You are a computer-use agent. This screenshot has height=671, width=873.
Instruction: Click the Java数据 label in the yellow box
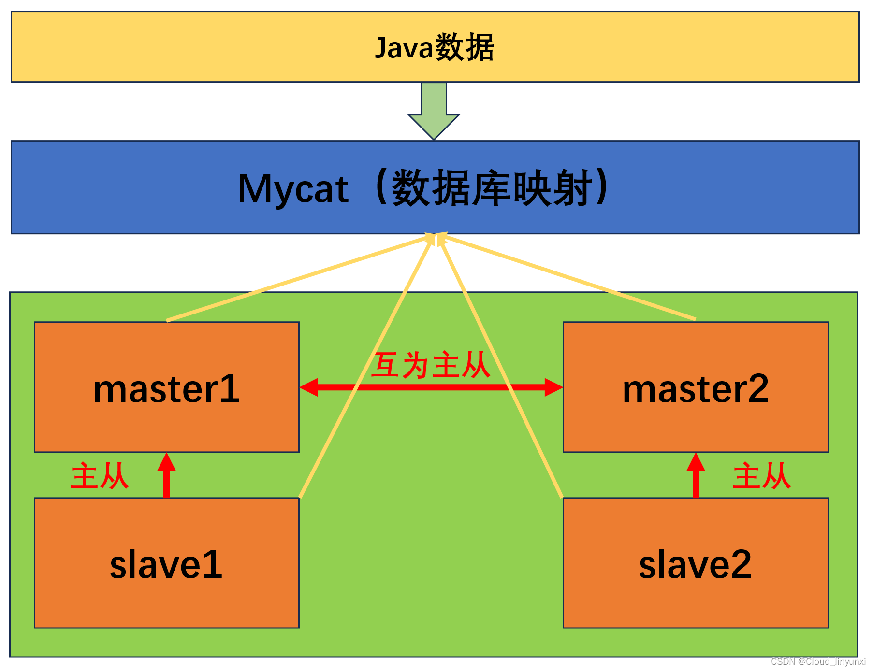pyautogui.click(x=434, y=47)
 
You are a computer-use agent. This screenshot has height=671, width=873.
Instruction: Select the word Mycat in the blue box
pyautogui.click(x=293, y=189)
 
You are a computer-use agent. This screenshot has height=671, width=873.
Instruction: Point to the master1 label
pyautogui.click(x=166, y=389)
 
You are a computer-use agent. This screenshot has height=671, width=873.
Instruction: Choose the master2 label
pyautogui.click(x=696, y=389)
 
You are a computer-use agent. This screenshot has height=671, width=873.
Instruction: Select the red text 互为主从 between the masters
pyautogui.click(x=431, y=365)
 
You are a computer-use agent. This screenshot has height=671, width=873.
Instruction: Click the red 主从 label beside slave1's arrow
pyautogui.click(x=100, y=476)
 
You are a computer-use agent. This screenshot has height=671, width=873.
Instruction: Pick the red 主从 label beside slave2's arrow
pyautogui.click(x=761, y=476)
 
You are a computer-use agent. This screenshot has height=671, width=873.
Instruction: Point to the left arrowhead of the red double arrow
pyautogui.click(x=309, y=387)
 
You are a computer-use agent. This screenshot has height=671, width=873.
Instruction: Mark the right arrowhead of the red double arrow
pyautogui.click(x=553, y=387)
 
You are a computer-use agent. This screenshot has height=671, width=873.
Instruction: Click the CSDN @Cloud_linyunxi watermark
pyautogui.click(x=818, y=661)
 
